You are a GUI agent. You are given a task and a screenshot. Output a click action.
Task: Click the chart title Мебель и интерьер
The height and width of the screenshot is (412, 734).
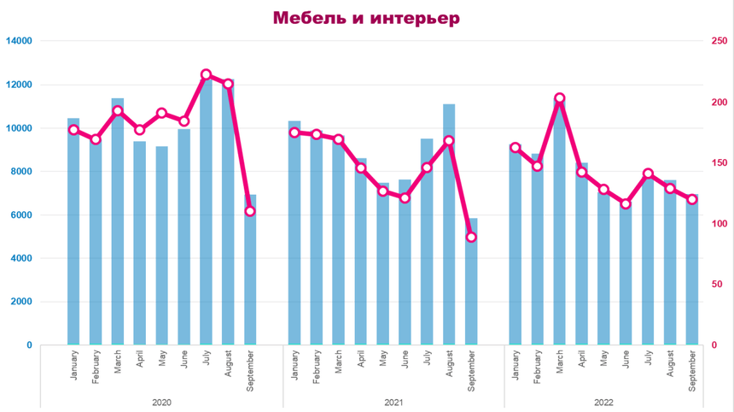(x=366, y=18)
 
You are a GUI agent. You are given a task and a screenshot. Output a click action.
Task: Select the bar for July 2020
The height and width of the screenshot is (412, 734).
(x=206, y=214)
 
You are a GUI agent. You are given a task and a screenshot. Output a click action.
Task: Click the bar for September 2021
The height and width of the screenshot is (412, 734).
(x=471, y=282)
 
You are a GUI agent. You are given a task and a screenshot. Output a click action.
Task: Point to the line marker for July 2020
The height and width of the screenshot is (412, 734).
(x=206, y=75)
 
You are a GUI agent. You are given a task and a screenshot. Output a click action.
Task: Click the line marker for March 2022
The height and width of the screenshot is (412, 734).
(x=559, y=98)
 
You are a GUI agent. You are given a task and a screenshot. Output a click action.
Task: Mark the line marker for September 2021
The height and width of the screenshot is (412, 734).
(x=471, y=237)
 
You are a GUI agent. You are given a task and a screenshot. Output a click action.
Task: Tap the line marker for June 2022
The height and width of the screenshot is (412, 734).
(x=626, y=203)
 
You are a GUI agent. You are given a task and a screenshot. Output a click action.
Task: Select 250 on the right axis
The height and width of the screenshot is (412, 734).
(x=720, y=41)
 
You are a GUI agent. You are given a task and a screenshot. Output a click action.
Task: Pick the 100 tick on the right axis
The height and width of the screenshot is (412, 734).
(x=720, y=224)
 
